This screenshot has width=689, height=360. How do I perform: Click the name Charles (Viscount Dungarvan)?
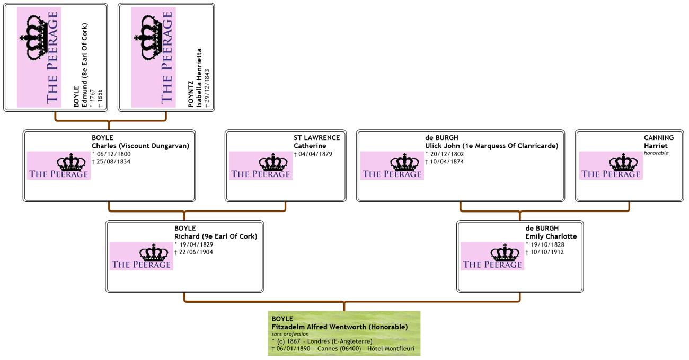tap(140, 146)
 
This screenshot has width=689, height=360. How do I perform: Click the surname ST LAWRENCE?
tap(316, 138)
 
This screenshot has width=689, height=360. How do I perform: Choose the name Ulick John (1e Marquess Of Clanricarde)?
tap(491, 146)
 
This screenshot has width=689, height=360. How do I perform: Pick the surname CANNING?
tap(659, 138)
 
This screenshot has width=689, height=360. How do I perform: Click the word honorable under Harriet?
tap(656, 153)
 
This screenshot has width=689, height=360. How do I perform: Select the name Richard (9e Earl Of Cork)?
tap(215, 236)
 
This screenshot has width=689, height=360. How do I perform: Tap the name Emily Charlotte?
tap(551, 236)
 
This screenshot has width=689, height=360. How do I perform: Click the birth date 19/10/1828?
tap(545, 244)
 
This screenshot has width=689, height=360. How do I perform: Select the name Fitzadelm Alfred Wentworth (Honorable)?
tap(339, 327)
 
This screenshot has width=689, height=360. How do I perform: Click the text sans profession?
tap(290, 334)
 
